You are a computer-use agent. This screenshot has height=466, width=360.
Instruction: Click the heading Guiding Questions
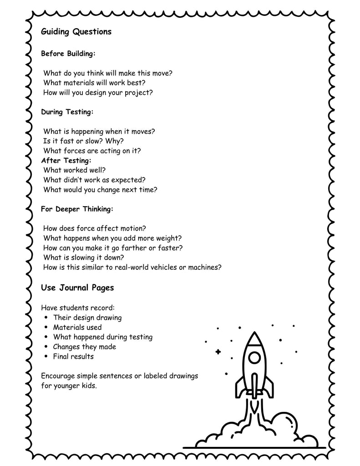76,32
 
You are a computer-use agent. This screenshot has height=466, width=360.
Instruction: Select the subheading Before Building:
68,54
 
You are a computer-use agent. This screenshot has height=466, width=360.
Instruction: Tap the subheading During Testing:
67,111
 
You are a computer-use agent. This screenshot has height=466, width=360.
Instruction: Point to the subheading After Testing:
66,160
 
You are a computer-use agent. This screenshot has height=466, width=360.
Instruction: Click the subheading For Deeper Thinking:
77,209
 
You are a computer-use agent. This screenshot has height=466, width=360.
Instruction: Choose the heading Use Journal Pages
77,288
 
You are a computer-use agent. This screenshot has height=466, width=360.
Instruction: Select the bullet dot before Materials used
47,328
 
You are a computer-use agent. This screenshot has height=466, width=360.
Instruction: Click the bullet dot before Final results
47,357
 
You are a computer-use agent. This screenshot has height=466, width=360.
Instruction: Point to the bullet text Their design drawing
87,318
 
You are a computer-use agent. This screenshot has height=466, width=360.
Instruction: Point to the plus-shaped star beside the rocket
218,351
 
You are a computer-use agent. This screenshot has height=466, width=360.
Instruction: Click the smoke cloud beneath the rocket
255,432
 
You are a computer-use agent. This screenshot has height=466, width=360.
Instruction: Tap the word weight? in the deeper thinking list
169,238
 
